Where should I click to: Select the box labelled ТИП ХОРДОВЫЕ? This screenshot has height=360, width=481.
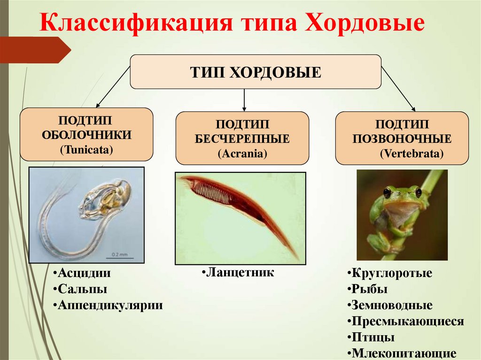pyautogui.click(x=255, y=72)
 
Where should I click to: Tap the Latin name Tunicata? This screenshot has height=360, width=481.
pyautogui.click(x=86, y=150)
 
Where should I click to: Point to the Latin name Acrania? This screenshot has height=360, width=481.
pyautogui.click(x=242, y=153)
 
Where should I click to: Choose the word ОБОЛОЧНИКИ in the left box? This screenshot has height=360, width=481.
pyautogui.click(x=86, y=135)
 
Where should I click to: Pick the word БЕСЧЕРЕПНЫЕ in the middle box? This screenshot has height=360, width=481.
pyautogui.click(x=242, y=139)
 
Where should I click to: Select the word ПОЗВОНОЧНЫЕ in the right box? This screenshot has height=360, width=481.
pyautogui.click(x=402, y=139)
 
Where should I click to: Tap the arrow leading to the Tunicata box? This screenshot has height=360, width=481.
pyautogui.click(x=113, y=87)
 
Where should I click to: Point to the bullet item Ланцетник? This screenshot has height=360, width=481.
pyautogui.click(x=240, y=273)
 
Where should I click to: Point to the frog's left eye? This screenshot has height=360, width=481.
pyautogui.click(x=387, y=192)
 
